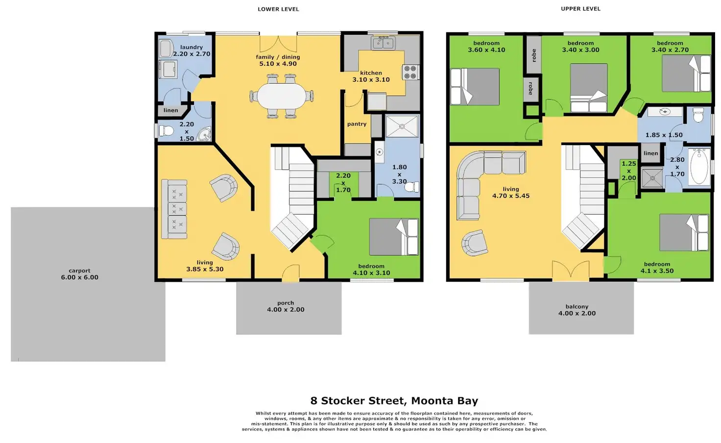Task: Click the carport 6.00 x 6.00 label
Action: pyautogui.click(x=79, y=274)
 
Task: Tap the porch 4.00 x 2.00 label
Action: pyautogui.click(x=286, y=306)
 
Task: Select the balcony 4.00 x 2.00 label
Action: pyautogui.click(x=577, y=310)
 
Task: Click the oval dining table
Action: pyautogui.click(x=281, y=96)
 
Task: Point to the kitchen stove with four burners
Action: pyautogui.click(x=410, y=73)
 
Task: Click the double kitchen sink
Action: pyautogui.click(x=383, y=43)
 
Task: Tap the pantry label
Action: pyautogui.click(x=357, y=124)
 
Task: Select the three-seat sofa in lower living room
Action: pyautogui.click(x=174, y=209)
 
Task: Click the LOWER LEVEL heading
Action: pyautogui.click(x=278, y=9)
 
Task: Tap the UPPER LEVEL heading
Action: pyautogui.click(x=580, y=9)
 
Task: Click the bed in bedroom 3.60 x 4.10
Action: pyautogui.click(x=475, y=87)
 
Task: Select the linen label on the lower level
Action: pyautogui.click(x=171, y=110)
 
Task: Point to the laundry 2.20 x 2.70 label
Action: pyautogui.click(x=192, y=50)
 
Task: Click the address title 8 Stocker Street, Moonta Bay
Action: pyautogui.click(x=394, y=401)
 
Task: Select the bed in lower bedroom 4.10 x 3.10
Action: pyautogui.click(x=394, y=237)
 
